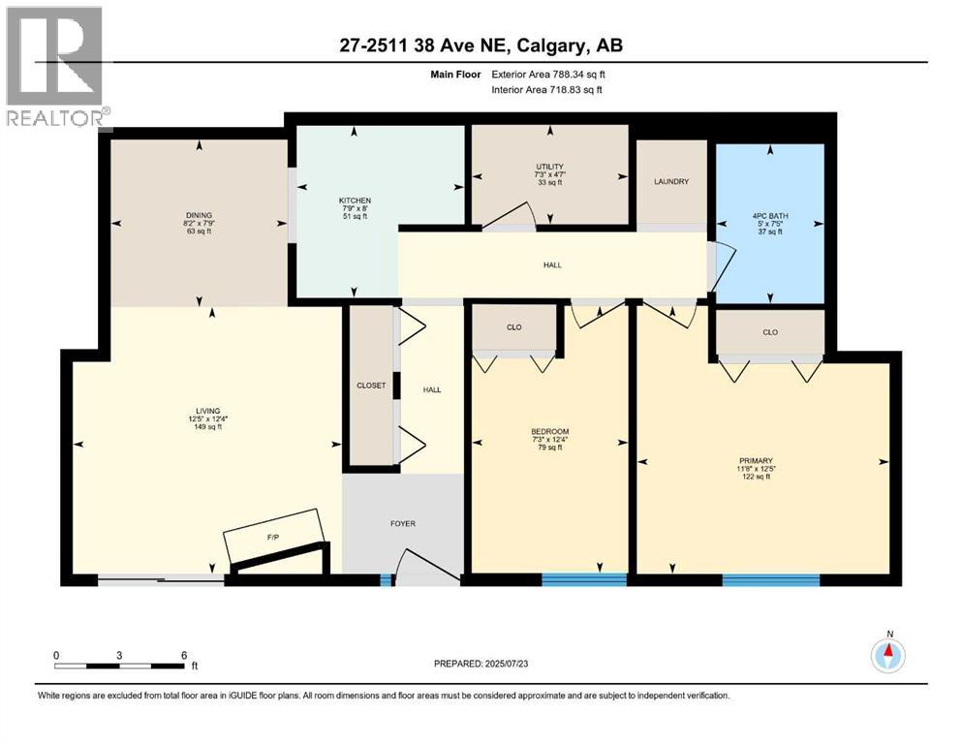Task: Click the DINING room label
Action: point(200,215)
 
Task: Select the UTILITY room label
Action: point(549,167)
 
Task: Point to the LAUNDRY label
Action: point(670,181)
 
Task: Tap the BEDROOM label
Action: point(549,431)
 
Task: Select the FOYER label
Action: point(402,523)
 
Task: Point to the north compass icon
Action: point(887,657)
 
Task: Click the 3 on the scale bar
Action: point(119,655)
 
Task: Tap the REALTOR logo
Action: point(54,68)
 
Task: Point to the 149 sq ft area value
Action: point(207,427)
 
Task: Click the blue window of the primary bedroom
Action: point(770,579)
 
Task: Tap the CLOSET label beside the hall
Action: point(370,386)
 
